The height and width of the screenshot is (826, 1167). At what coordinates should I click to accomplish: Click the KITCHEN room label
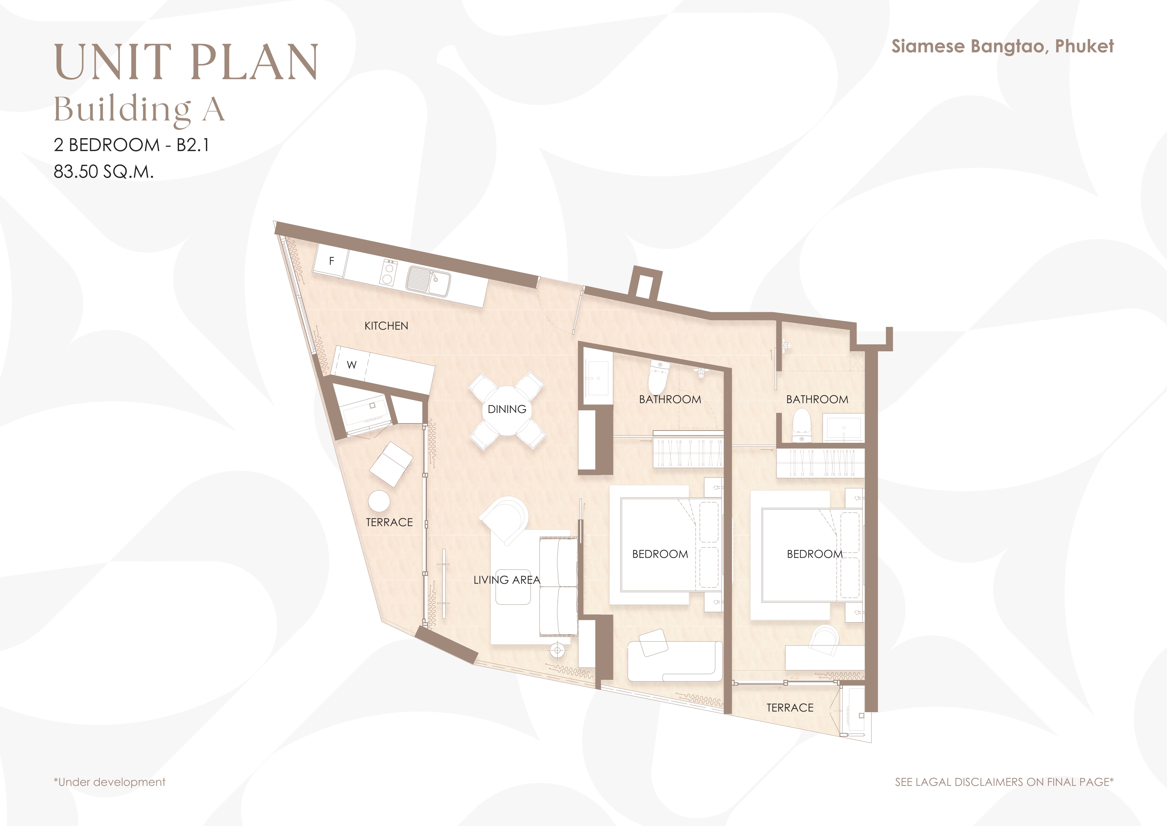click(x=386, y=326)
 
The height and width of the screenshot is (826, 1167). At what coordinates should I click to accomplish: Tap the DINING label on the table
click(x=507, y=410)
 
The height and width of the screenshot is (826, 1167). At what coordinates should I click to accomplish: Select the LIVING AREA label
click(x=507, y=580)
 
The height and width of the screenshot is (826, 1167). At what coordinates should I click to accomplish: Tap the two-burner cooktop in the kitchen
click(x=389, y=272)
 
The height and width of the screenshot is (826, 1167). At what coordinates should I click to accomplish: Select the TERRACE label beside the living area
click(x=389, y=522)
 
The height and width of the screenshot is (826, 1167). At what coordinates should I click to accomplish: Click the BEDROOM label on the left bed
click(x=660, y=554)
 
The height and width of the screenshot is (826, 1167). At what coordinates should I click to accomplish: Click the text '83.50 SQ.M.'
click(x=103, y=172)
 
